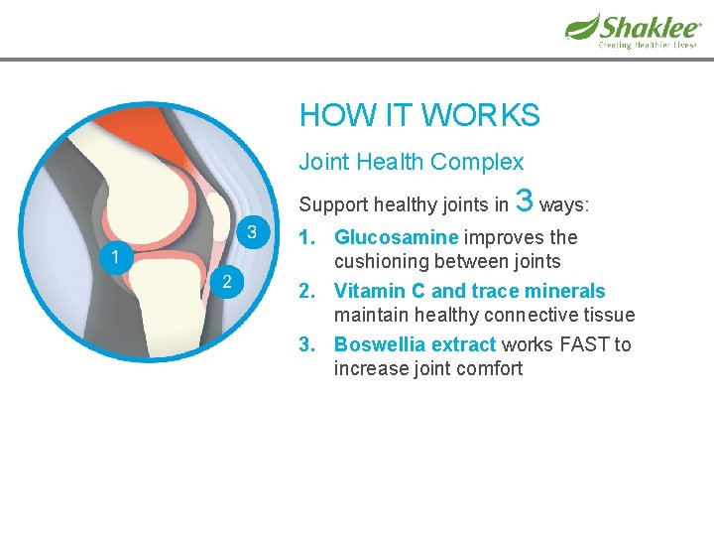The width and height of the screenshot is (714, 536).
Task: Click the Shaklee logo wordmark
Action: tap(650, 27)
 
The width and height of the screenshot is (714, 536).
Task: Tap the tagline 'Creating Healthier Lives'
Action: tap(647, 46)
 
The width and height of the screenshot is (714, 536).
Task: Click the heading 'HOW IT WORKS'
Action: tap(419, 115)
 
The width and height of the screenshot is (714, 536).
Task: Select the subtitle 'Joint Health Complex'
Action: tap(412, 162)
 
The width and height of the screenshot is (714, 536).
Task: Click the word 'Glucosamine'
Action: tap(396, 237)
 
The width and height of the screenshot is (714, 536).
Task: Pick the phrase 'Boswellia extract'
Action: tap(415, 344)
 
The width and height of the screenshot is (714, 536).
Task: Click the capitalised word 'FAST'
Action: tap(586, 344)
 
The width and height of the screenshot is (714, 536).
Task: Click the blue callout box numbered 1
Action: tap(115, 258)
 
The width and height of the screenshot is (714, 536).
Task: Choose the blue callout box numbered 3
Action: tap(252, 233)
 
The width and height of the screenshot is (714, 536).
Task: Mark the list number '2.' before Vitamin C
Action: tap(309, 291)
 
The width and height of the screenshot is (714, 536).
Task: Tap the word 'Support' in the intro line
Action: tap(332, 205)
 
